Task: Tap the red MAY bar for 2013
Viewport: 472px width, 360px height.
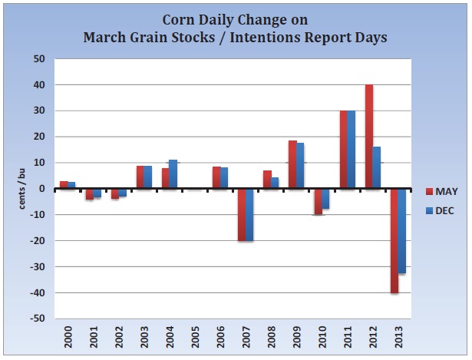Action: (394, 240)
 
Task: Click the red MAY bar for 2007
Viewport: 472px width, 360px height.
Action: (242, 215)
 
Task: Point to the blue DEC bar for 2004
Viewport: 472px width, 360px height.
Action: (173, 174)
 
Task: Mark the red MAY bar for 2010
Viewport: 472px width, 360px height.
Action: (318, 201)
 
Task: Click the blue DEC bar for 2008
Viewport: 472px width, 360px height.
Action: (275, 183)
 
